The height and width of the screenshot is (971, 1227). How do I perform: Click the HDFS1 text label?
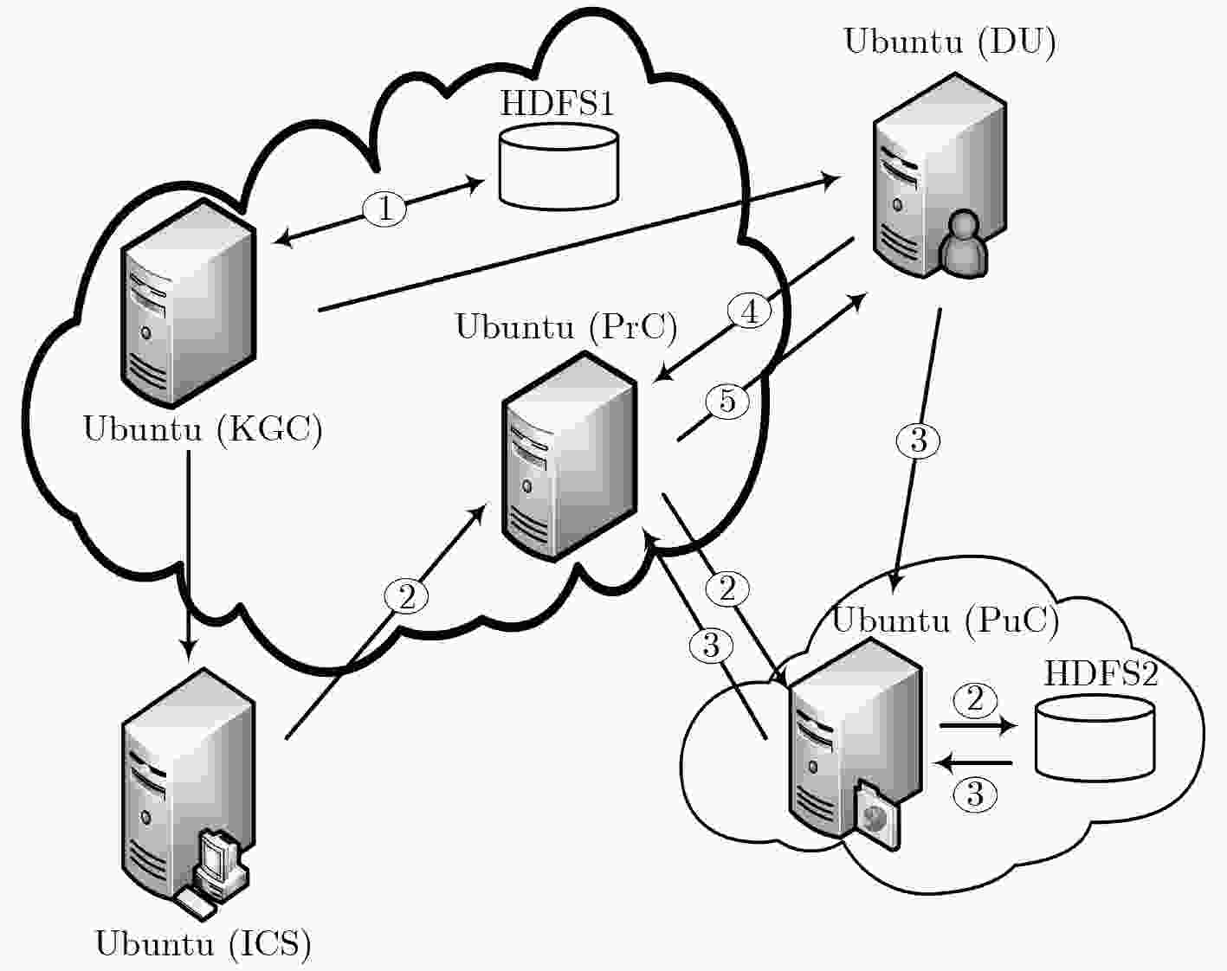pos(557,104)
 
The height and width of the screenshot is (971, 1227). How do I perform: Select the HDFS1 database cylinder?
pos(559,166)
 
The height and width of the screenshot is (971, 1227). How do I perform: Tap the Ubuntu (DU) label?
pos(950,42)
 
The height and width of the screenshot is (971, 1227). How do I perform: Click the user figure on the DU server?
pos(963,244)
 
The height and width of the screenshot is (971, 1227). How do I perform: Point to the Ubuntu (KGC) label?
pos(203,428)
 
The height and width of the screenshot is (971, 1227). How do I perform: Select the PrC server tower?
pos(569,457)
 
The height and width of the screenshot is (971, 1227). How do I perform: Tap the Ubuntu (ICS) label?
pos(203,943)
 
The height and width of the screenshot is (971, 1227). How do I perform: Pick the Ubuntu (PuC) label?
pos(946,620)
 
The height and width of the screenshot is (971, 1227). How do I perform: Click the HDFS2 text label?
pos(1101,673)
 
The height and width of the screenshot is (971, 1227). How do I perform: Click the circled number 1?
pos(385,208)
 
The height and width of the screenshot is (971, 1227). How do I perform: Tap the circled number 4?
pos(750,312)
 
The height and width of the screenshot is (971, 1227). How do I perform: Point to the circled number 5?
pos(727,402)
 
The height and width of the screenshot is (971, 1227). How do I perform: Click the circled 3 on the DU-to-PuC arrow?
pos(919,440)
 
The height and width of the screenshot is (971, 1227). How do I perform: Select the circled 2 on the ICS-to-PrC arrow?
pos(406,597)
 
